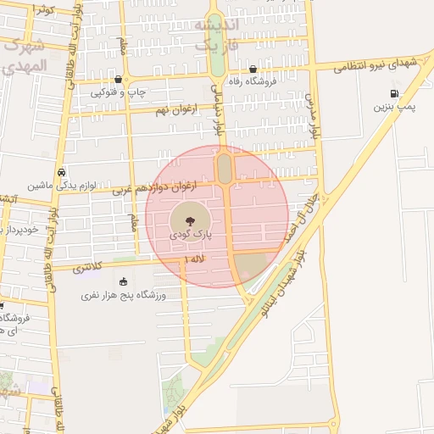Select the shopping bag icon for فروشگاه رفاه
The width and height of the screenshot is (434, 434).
(x=253, y=70)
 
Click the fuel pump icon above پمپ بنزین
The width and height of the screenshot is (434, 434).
(x=393, y=94)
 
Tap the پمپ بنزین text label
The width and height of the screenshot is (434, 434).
(x=394, y=108)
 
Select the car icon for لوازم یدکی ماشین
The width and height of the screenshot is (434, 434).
(x=61, y=171)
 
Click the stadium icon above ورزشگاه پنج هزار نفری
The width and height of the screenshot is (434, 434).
(x=124, y=282)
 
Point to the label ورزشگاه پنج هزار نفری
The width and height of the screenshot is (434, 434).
(x=124, y=296)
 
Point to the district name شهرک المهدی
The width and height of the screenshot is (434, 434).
(x=22, y=55)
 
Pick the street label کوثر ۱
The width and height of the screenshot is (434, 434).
(x=43, y=9)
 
